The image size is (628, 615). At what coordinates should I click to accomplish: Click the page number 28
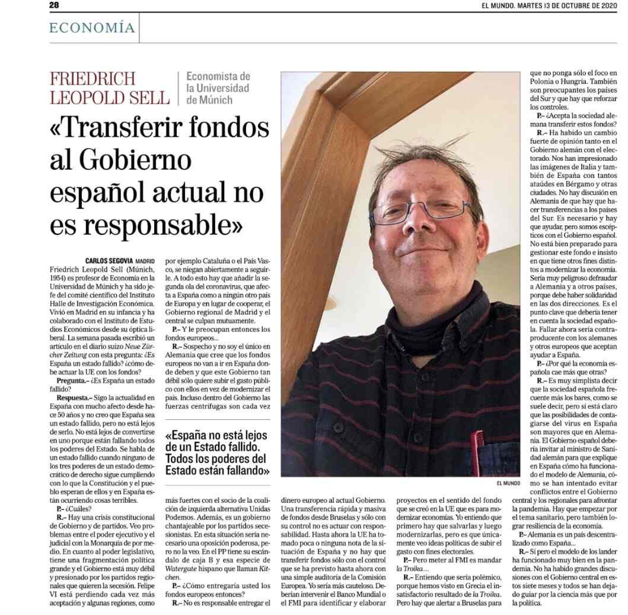pos(54,5)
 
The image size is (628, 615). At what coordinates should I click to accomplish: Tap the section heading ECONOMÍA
pos(92,28)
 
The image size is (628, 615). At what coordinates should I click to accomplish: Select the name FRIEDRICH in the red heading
pos(93,78)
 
